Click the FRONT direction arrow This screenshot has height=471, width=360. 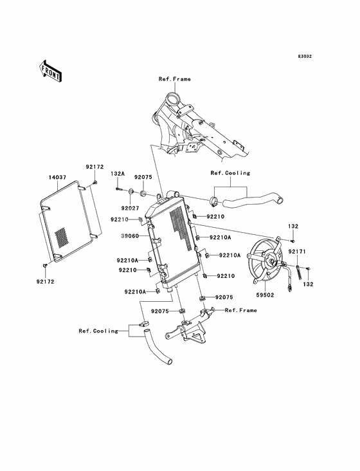point(50,71)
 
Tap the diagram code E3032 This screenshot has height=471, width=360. point(305,56)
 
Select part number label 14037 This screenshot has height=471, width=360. point(58,178)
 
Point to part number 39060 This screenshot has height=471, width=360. point(130,236)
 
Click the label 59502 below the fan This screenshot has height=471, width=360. point(265,295)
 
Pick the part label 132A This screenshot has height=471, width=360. point(118,174)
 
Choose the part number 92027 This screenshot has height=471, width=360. point(130,208)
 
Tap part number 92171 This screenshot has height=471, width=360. point(297,252)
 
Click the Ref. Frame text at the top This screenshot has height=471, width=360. point(175,79)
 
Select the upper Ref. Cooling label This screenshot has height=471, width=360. point(230,173)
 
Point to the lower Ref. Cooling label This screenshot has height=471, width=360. point(99,331)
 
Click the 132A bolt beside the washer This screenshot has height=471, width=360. point(119,189)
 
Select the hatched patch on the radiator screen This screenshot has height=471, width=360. point(61,237)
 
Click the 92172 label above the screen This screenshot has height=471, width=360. point(94,167)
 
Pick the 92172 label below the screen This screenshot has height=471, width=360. point(45,282)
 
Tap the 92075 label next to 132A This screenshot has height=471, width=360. point(143,177)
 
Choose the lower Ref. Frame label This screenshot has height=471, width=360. point(241,310)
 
